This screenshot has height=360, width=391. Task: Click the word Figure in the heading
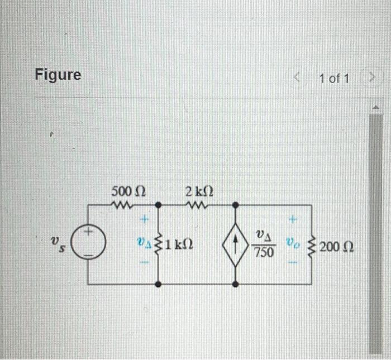(58, 74)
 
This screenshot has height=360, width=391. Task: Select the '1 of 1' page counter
(335, 79)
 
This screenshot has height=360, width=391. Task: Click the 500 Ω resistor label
(128, 191)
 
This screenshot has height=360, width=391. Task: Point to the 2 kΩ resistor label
(198, 191)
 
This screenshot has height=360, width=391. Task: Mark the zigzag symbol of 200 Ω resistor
(312, 244)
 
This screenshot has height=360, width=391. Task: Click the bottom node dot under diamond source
(236, 284)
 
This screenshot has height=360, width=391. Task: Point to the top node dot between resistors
(159, 205)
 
